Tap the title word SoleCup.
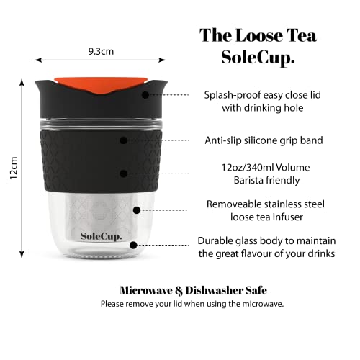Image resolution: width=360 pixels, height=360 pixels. [x=256, y=58]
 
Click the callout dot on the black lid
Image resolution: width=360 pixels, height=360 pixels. [x=146, y=94]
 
